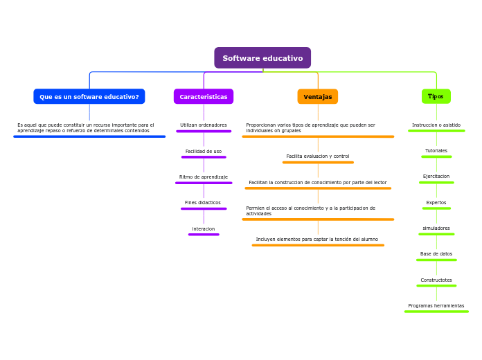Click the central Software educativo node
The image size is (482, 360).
[x=262, y=58]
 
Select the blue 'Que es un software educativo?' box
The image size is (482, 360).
[x=89, y=97]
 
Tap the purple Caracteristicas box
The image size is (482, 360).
[x=204, y=97]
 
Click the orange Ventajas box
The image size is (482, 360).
[x=318, y=97]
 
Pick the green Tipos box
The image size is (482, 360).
[x=436, y=96]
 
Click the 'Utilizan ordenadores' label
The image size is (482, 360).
[x=204, y=125]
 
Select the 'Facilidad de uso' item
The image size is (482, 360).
[x=204, y=151]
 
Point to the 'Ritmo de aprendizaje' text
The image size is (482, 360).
[x=204, y=177]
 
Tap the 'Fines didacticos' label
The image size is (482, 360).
[x=203, y=203]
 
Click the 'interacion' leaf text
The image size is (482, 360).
[x=204, y=229]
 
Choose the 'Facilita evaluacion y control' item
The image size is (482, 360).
[x=318, y=156]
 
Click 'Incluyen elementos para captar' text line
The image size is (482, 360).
[x=317, y=240]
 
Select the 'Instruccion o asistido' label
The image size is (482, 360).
[x=436, y=125]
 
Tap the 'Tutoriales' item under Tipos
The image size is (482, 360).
[x=436, y=151]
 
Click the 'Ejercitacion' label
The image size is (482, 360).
[x=436, y=177]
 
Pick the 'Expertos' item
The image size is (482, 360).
[x=436, y=203]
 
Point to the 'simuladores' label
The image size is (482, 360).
[x=436, y=228]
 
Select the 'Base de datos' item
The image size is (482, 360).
[x=436, y=254]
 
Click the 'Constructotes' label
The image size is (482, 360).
[x=436, y=280]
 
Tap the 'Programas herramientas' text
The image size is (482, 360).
[x=436, y=306]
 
